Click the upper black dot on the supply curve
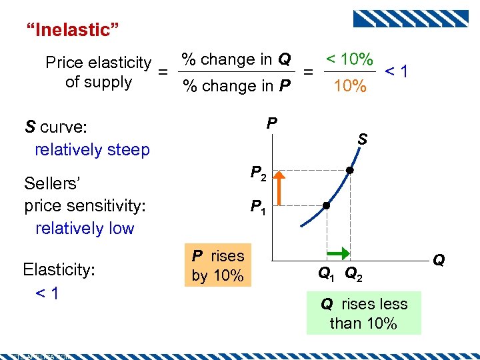[349, 171]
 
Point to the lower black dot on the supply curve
[327, 206]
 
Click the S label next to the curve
[363, 139]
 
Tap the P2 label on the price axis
[259, 174]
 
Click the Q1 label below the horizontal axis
[327, 273]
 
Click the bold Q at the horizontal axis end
[439, 260]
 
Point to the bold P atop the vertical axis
[271, 123]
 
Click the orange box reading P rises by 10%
[218, 265]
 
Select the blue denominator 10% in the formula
[350, 86]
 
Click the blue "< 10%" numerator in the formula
[350, 59]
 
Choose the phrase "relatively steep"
[92, 149]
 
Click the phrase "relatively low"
[85, 228]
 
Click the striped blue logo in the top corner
[410, 19]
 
